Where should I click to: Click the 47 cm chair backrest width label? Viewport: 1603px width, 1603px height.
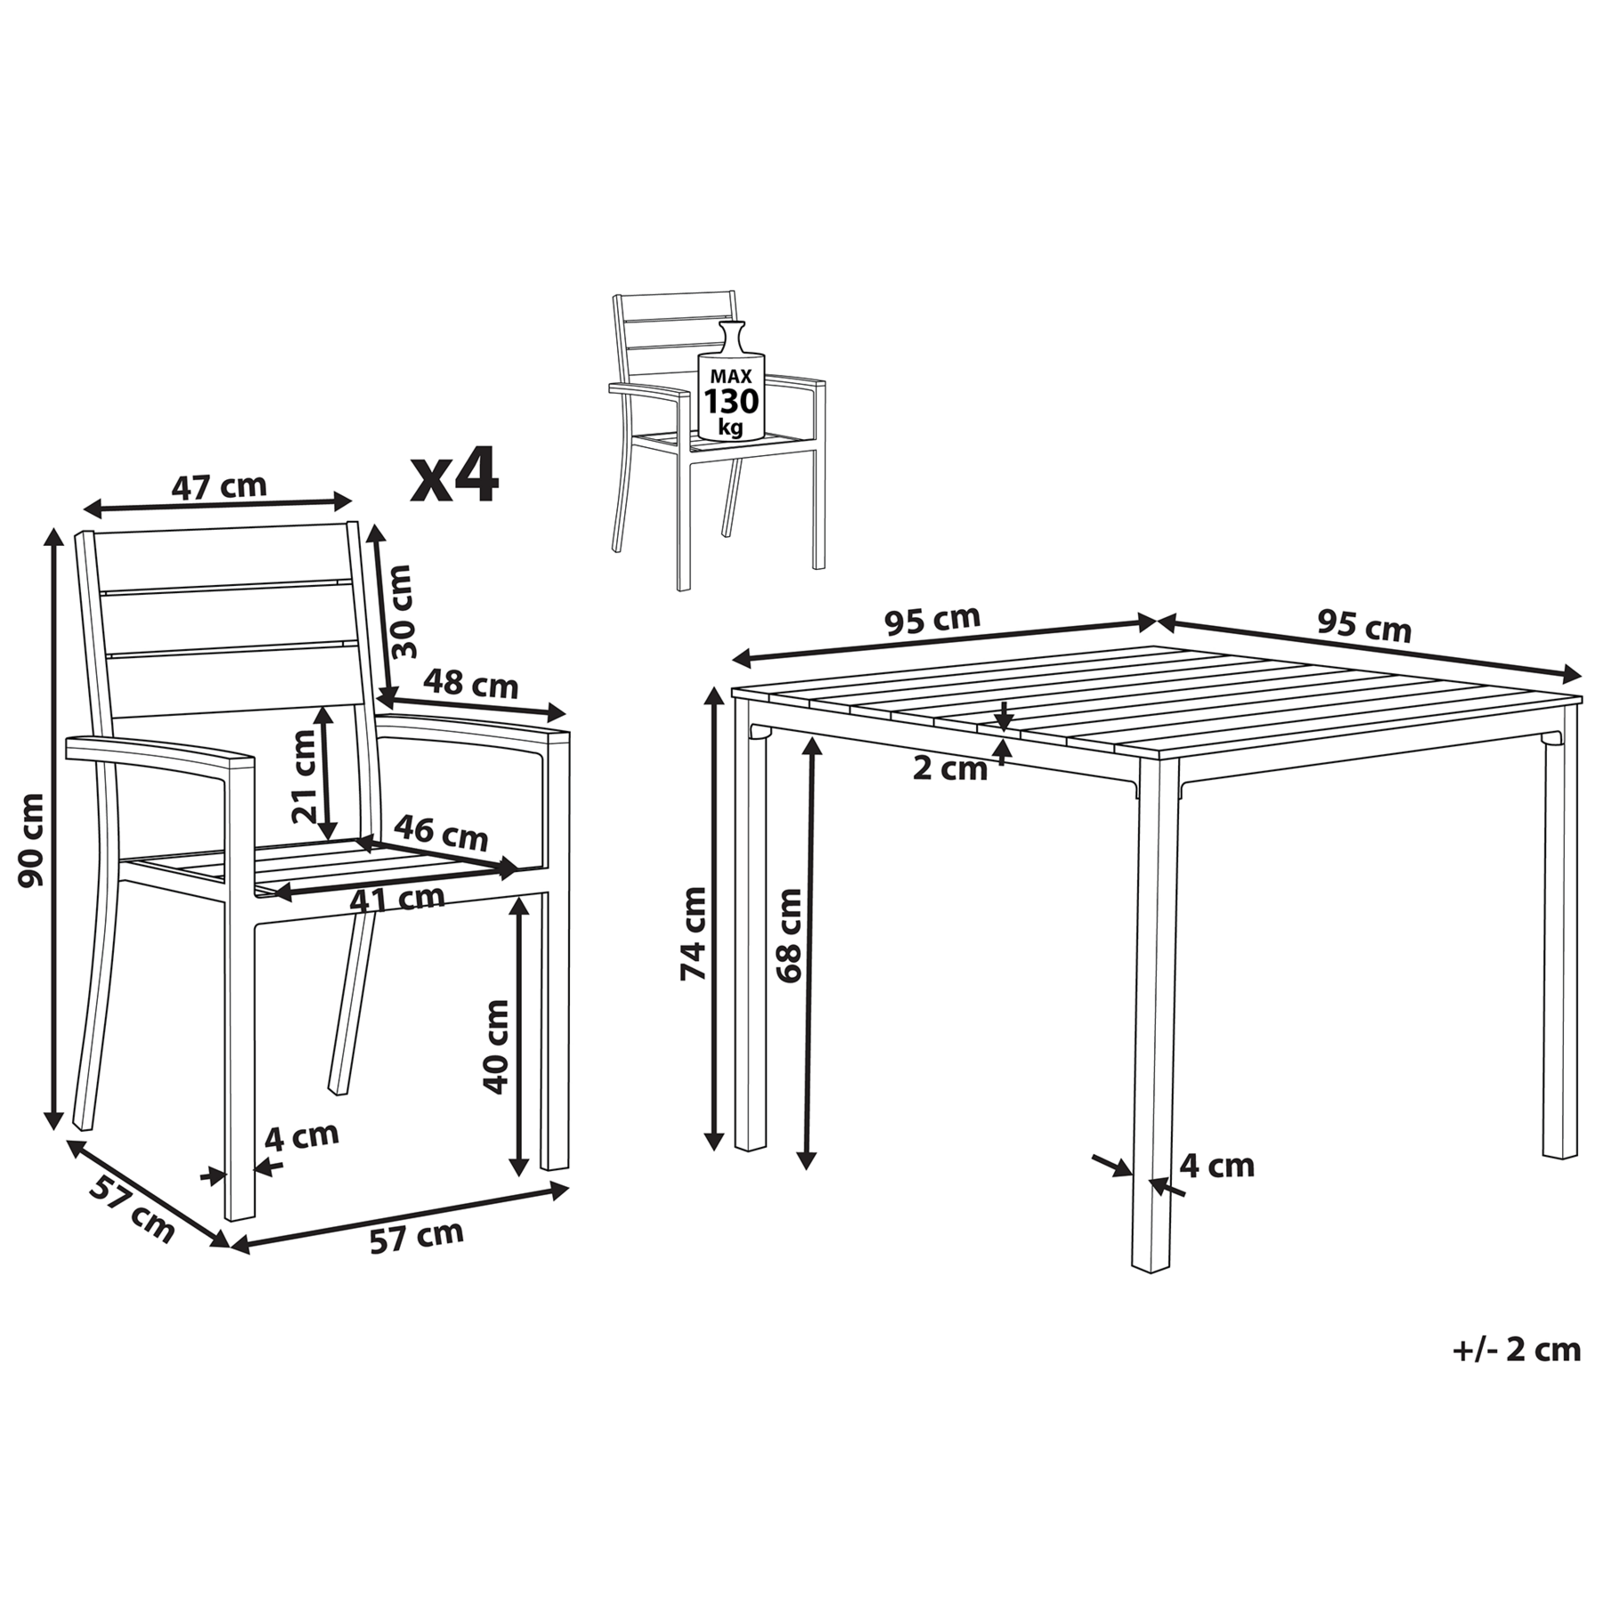click(219, 486)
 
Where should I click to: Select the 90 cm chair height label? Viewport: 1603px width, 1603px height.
click(32, 840)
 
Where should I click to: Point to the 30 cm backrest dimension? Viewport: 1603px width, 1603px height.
click(403, 611)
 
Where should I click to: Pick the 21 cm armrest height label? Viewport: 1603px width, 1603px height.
click(305, 775)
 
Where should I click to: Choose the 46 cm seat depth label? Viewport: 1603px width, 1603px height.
click(441, 833)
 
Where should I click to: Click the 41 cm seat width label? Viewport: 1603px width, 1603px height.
click(397, 898)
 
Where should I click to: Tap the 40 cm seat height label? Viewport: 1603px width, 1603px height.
click(495, 1046)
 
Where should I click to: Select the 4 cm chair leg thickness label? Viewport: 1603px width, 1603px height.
click(302, 1136)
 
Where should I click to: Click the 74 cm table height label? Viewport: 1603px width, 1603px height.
click(693, 933)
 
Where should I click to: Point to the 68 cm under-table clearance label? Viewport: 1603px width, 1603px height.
click(789, 935)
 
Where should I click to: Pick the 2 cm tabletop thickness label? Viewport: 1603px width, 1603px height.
click(950, 769)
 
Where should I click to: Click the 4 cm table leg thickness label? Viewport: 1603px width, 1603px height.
click(1216, 1166)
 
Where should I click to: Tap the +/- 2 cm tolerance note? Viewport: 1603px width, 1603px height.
click(1517, 1375)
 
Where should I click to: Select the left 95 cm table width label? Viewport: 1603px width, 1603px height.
click(932, 620)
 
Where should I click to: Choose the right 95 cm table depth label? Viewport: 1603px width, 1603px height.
click(1364, 626)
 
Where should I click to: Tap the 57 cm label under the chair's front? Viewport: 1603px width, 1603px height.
click(417, 1237)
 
